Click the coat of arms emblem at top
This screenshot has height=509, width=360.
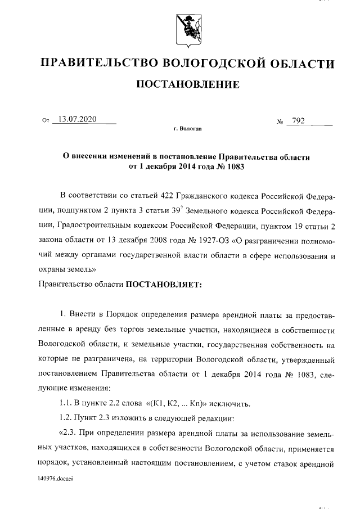click(x=186, y=29)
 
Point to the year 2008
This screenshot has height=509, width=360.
click(x=163, y=240)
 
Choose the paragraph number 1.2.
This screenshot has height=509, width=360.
click(x=67, y=418)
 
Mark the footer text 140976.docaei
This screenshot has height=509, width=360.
click(x=56, y=479)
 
